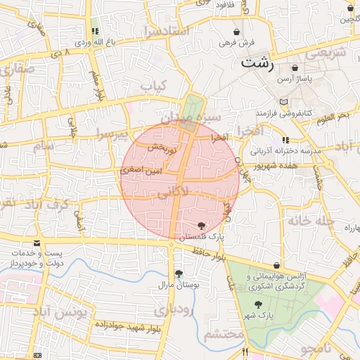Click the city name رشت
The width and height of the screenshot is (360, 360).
[257, 62]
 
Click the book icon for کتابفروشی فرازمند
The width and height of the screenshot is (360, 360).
[283, 103]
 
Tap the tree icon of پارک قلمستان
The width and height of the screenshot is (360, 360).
[202, 226]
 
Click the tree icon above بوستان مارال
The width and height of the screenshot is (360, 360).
[178, 274]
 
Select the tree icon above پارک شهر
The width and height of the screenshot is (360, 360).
[258, 305]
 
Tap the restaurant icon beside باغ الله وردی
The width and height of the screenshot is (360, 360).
[94, 32]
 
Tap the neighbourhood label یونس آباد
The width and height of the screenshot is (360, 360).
[69, 311]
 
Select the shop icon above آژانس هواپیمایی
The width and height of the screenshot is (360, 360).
[276, 265]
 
